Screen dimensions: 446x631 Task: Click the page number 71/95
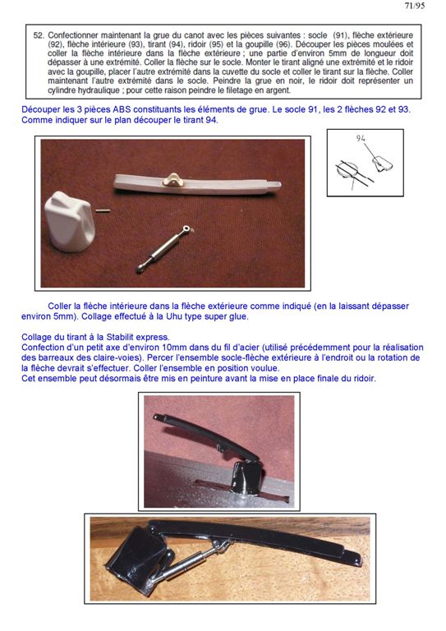(415, 6)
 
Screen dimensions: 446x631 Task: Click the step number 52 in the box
(39, 35)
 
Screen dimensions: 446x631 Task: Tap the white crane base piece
(69, 221)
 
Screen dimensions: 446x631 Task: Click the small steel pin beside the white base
(103, 210)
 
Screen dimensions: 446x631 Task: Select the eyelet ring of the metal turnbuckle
(186, 228)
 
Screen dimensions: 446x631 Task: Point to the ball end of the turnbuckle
(140, 267)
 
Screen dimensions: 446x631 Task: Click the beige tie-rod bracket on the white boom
(173, 179)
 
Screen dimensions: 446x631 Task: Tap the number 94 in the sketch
(361, 138)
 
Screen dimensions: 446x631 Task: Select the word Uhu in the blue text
(174, 316)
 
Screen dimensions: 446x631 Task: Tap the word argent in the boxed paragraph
(278, 90)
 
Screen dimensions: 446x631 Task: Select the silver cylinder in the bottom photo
(189, 560)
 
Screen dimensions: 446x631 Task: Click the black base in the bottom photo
(140, 560)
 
